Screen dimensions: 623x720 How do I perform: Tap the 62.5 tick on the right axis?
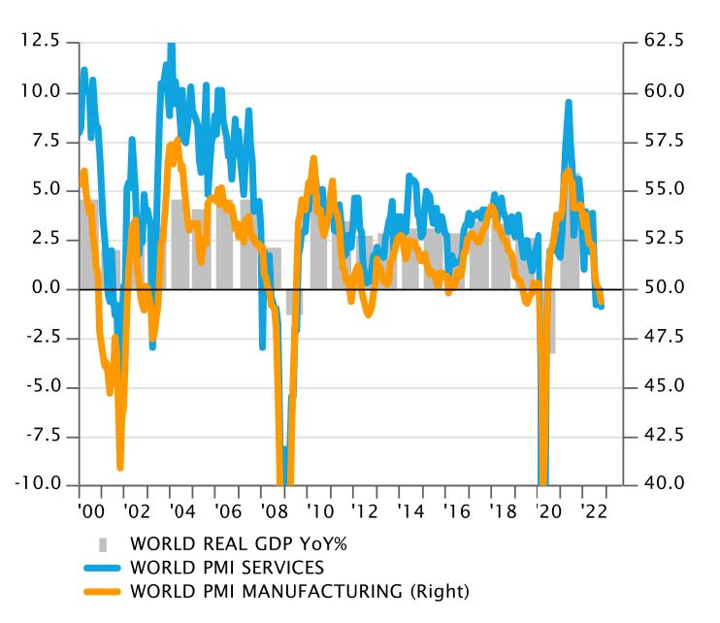[x=665, y=42]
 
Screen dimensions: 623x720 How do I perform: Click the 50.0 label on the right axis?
[x=665, y=288]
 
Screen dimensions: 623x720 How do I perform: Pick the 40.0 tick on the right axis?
[x=665, y=484]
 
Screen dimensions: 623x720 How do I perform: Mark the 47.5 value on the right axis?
[x=665, y=338]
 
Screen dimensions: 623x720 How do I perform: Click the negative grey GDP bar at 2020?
[x=551, y=320]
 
